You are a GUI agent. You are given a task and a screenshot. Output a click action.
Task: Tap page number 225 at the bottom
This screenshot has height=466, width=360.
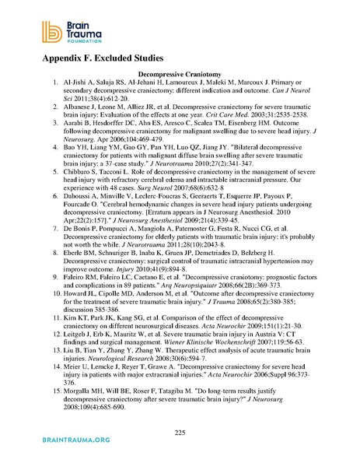pos(180,433)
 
